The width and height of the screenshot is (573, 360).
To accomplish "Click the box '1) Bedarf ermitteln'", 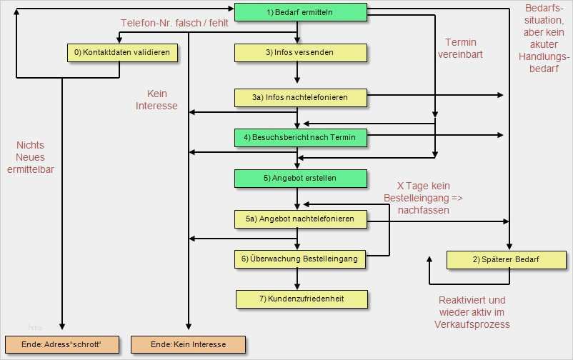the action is (x=300, y=12).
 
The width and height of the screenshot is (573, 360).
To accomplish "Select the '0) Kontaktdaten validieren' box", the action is (x=122, y=53).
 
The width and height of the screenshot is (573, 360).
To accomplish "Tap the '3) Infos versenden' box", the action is (x=300, y=53).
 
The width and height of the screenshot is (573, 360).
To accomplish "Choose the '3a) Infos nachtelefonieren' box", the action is (x=300, y=98).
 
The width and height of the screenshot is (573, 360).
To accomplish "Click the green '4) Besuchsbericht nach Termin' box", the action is (x=300, y=138).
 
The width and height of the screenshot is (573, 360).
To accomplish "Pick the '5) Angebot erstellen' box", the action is (x=300, y=179).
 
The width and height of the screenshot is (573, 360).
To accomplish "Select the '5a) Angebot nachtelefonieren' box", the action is (x=300, y=219).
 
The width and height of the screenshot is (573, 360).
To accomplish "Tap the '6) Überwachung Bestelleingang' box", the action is (x=299, y=259).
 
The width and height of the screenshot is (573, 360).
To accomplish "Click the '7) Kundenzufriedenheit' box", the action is (x=302, y=299).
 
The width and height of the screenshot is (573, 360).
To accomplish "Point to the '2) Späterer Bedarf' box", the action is (x=507, y=260).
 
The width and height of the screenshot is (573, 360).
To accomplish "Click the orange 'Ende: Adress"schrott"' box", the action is (x=62, y=345).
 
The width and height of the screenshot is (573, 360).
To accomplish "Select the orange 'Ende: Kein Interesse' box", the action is (x=188, y=345).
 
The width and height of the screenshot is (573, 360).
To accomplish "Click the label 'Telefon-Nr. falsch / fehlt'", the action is (x=174, y=23).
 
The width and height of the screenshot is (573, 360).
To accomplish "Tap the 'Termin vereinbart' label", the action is (x=460, y=49).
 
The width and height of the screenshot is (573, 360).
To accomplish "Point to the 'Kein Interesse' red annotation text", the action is (x=156, y=100).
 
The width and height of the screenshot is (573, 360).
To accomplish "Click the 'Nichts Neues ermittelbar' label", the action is (x=30, y=157).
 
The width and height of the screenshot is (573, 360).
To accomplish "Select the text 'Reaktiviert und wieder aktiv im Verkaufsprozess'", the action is (x=472, y=312).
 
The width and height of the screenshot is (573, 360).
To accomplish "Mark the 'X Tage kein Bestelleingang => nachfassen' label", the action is (x=423, y=198).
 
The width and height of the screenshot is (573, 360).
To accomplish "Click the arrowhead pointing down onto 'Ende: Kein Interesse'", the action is (x=189, y=326).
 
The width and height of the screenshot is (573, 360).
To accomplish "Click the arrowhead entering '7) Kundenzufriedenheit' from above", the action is (x=297, y=286).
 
